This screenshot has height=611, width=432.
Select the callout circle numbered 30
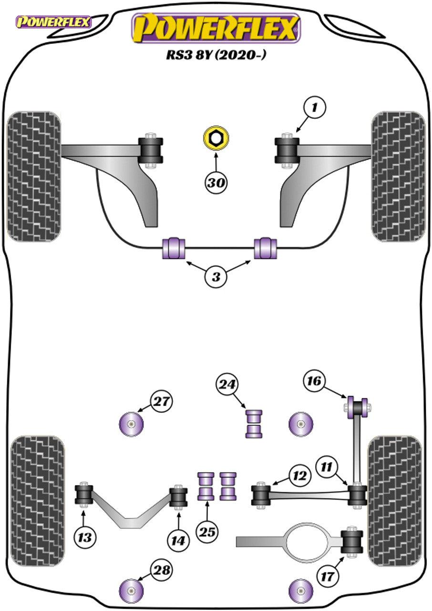pos(216,182)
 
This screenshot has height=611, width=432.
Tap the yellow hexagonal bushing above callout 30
pos(216,138)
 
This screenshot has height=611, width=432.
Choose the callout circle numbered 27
pos(161,401)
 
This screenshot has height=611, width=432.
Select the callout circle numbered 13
pos(85,537)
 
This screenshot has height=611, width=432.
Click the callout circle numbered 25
pos(208,531)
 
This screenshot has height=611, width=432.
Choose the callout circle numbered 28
pos(161,569)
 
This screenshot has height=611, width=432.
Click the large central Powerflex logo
pos(216,28)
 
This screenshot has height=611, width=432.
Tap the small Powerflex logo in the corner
pos(54,22)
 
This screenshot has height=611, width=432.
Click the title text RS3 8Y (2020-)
pos(216,55)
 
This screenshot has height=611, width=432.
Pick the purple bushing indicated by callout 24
pos(254,423)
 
